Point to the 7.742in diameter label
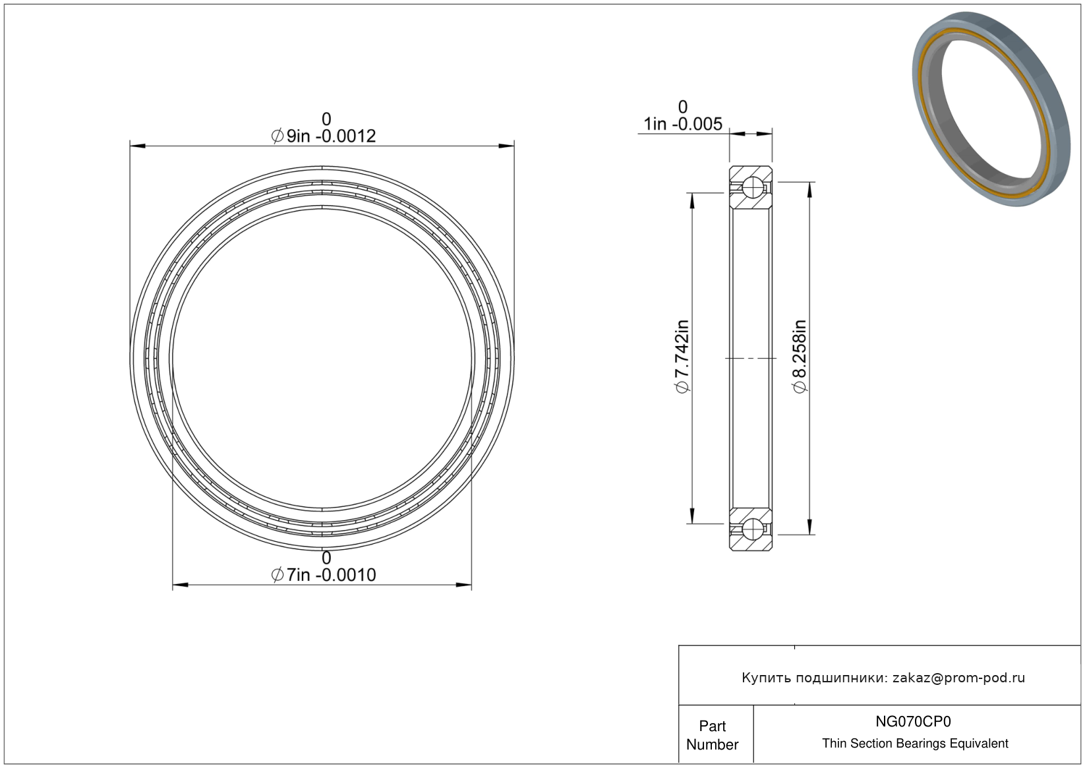click(x=682, y=357)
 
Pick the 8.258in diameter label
click(x=799, y=357)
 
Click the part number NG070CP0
click(x=913, y=721)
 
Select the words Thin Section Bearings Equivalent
click(x=915, y=744)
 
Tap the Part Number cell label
click(x=712, y=735)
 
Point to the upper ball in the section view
click(x=753, y=187)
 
